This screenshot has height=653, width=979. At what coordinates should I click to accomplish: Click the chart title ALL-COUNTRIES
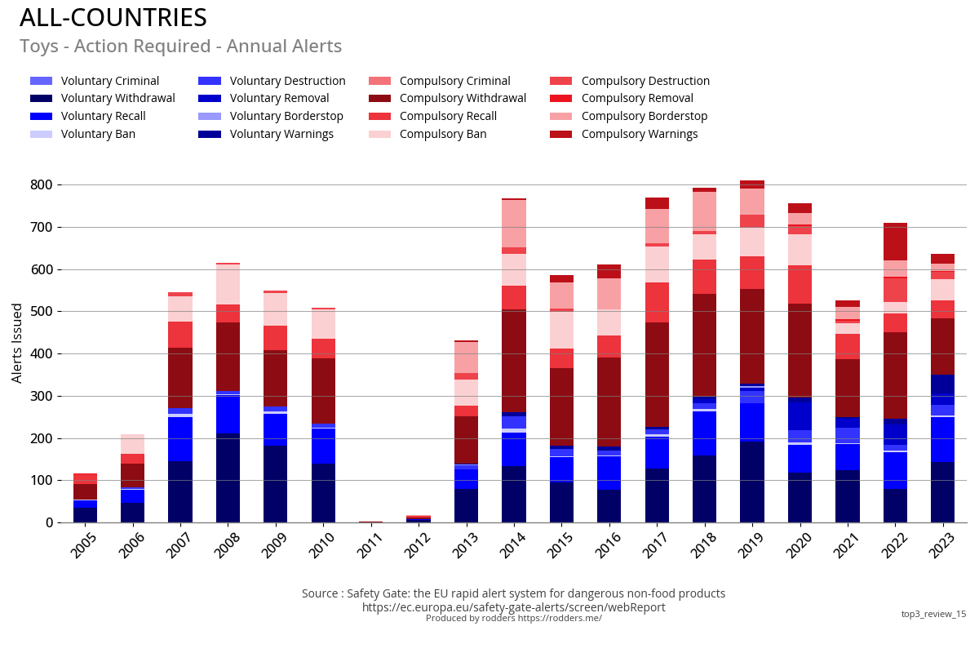[x=113, y=18]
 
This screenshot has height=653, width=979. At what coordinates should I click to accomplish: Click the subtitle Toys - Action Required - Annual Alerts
[x=180, y=47]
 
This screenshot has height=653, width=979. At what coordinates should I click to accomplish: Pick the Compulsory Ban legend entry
[x=443, y=134]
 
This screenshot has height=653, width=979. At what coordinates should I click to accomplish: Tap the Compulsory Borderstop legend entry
[x=645, y=116]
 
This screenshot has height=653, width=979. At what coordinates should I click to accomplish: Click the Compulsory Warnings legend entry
[x=640, y=134]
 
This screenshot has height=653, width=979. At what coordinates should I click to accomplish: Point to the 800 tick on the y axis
[x=42, y=185]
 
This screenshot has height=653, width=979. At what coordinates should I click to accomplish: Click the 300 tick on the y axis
[x=42, y=397]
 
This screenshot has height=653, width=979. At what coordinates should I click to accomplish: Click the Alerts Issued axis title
[x=17, y=342]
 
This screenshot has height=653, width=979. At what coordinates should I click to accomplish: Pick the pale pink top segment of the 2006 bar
[x=132, y=444]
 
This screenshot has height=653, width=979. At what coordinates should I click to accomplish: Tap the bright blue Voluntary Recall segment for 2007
[x=180, y=439]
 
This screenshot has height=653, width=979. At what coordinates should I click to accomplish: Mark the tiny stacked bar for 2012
[x=418, y=519]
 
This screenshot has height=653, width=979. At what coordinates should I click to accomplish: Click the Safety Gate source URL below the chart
[x=513, y=607]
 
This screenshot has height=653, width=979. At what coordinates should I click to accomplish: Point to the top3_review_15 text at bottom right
[x=933, y=614]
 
